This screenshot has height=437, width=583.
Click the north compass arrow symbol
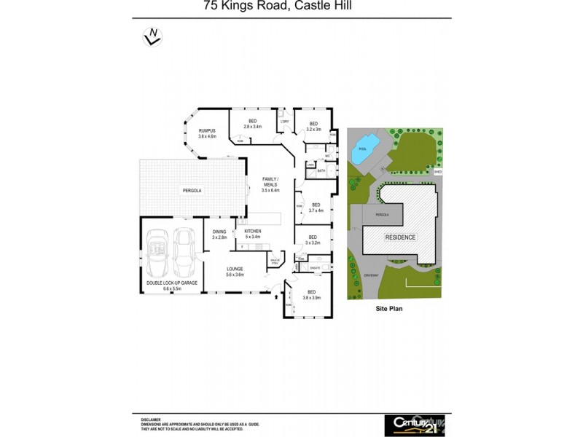point(152,36)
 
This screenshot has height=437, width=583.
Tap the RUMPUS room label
point(208,133)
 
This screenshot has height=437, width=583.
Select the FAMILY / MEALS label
point(270,182)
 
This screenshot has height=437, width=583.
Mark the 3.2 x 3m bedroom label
point(313,126)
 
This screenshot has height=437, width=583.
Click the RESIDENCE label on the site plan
point(400,237)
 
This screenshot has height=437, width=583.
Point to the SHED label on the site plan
point(438,173)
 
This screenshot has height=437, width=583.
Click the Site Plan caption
point(388,309)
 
